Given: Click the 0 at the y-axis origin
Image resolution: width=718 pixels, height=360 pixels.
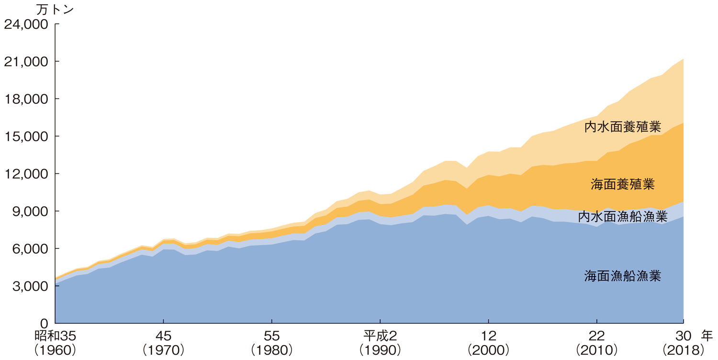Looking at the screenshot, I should coord(45,324).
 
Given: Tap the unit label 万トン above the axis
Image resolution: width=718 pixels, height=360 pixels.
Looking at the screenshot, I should coord(56,9).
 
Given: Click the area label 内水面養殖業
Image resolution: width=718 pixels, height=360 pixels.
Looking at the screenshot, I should coord(622,127).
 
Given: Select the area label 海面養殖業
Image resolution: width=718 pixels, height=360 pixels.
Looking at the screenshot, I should coord(622,184).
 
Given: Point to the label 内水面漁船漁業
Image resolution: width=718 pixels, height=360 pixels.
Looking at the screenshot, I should coord(622,217).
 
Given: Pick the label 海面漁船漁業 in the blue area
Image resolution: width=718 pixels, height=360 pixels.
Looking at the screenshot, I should coord(622,276).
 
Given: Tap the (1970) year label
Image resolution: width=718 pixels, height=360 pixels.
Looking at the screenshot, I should coord(164,350).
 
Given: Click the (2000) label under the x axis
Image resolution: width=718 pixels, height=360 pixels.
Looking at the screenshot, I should coord(488,350).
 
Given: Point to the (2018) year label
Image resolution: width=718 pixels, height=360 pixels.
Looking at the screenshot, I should coord(683,350).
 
